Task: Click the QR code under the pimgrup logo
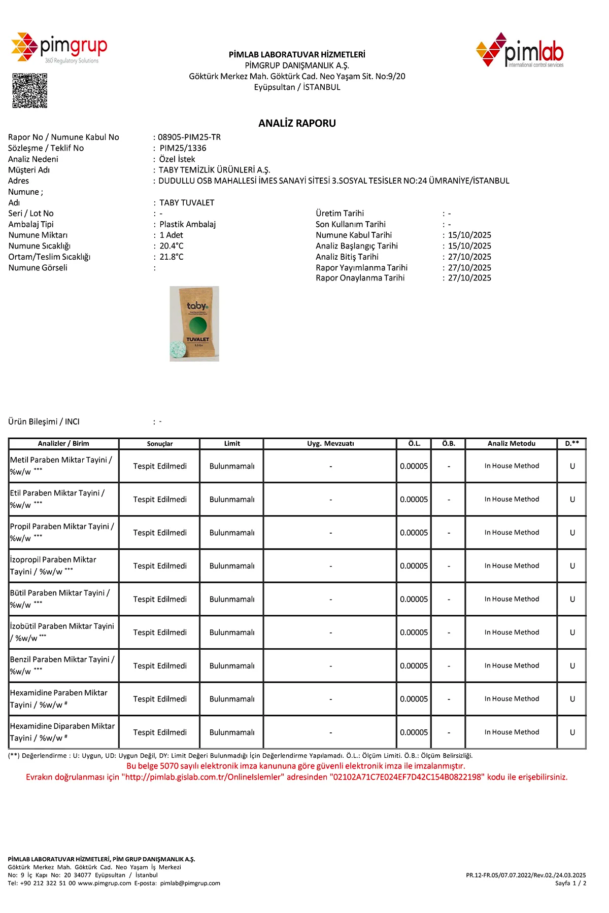click(x=30, y=91)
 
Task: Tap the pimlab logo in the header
click(x=520, y=50)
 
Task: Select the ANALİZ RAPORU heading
click(x=297, y=123)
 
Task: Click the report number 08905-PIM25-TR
click(x=189, y=137)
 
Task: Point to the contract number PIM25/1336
click(x=183, y=148)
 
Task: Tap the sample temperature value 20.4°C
click(x=172, y=246)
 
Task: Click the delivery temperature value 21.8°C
click(x=172, y=257)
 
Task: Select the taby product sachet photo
click(x=194, y=324)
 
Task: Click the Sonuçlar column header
click(x=160, y=444)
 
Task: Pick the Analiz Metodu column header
click(x=511, y=444)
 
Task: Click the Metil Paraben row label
click(x=61, y=466)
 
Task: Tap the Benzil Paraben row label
click(x=62, y=665)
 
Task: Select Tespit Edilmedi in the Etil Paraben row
click(x=160, y=500)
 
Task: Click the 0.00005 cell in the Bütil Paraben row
click(x=414, y=600)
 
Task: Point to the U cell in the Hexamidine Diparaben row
click(x=572, y=732)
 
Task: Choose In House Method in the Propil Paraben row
click(x=512, y=533)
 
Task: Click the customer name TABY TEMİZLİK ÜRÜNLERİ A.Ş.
click(x=214, y=170)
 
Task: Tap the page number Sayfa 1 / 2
click(x=570, y=883)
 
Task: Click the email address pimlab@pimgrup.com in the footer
click(x=190, y=883)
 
